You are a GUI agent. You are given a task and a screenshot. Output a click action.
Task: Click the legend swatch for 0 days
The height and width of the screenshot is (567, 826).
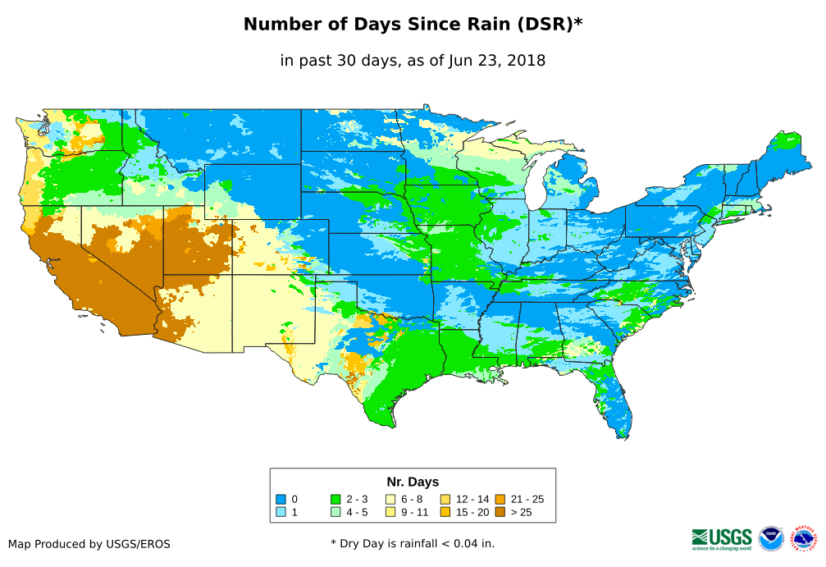tap(281, 499)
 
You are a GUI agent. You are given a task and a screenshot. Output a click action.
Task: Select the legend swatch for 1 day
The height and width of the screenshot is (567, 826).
tap(281, 513)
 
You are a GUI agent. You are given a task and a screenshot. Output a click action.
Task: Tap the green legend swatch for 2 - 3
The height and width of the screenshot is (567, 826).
tap(335, 499)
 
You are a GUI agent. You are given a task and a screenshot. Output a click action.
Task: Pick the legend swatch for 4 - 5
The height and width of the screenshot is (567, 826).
tap(335, 513)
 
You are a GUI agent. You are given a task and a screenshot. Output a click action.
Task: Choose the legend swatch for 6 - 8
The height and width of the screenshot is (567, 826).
tap(390, 499)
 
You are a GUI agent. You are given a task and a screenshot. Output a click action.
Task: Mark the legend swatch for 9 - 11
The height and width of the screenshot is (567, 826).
tap(390, 513)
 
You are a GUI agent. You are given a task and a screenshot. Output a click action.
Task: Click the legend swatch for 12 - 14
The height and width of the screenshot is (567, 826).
tap(445, 499)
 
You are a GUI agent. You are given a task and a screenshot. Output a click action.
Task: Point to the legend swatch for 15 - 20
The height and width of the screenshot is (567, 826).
tap(445, 513)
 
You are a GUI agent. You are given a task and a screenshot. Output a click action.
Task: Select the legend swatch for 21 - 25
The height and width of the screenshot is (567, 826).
tap(500, 499)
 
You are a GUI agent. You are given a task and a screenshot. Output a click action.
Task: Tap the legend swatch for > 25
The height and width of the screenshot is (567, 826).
tap(500, 513)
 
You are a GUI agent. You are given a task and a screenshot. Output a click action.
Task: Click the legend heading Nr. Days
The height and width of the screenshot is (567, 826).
tap(413, 482)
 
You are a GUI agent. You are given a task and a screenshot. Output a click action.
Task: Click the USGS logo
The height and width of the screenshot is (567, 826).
tap(722, 538)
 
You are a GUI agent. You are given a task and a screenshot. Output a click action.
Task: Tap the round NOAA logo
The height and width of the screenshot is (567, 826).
tap(771, 538)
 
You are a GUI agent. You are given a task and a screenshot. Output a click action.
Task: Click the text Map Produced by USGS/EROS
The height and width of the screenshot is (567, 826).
tap(89, 544)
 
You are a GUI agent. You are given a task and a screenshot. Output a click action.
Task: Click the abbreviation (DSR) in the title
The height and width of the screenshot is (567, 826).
tap(545, 25)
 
